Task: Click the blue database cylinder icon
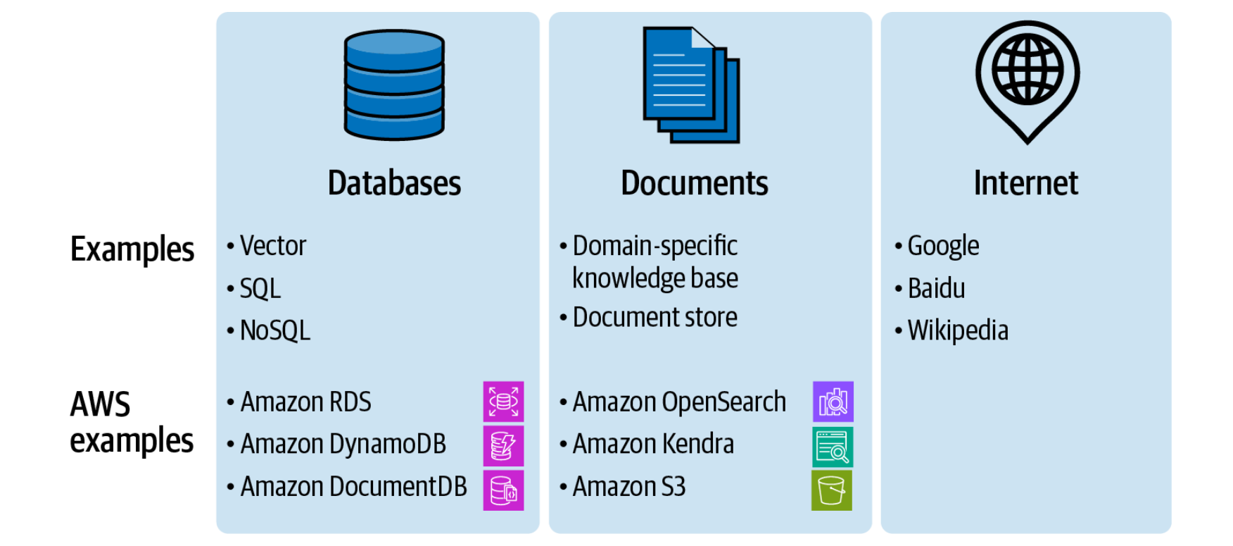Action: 394,85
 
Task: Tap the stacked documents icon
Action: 691,85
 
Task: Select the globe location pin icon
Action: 1027,82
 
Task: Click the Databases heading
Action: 394,183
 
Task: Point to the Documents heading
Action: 695,183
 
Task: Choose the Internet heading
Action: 1026,183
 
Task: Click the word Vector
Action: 273,246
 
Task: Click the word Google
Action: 943,247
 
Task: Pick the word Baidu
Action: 936,288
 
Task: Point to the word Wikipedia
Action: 958,330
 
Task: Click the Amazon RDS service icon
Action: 503,402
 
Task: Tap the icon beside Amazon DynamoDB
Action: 503,445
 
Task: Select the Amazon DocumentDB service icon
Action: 503,490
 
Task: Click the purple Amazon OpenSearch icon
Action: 833,402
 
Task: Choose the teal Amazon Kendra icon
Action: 833,447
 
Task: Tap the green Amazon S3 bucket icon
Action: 832,490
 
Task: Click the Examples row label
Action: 132,249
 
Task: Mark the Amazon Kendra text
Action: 653,444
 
